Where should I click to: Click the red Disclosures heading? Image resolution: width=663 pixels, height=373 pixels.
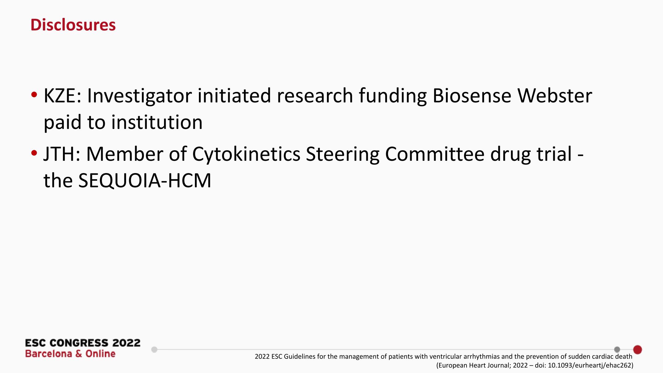pos(73,25)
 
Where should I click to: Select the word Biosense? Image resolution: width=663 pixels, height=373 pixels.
pos(472,96)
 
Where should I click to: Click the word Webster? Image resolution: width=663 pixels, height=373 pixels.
pos(554,96)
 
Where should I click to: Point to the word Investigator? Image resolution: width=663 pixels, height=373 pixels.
pos(139,96)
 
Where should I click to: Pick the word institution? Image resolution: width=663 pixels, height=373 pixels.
pos(157,122)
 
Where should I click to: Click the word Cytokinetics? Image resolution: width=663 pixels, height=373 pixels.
pos(246,155)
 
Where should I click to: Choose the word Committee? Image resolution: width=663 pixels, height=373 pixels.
pos(435,154)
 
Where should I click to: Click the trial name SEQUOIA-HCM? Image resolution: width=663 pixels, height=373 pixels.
pos(145,181)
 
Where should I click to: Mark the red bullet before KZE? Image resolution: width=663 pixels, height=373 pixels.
pos(34,95)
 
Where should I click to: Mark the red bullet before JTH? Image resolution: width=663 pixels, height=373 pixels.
pos(34,153)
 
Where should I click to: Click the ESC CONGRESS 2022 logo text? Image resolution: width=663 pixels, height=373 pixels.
pos(83,343)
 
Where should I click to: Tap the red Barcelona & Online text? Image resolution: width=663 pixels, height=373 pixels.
pos(70,354)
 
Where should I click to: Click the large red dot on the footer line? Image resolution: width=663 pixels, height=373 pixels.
pos(637,350)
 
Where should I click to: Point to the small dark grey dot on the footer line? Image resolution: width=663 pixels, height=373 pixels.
pos(617,350)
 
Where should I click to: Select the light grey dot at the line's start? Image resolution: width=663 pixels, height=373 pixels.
pos(154,350)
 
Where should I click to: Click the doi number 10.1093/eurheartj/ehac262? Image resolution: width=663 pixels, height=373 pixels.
pos(590,366)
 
